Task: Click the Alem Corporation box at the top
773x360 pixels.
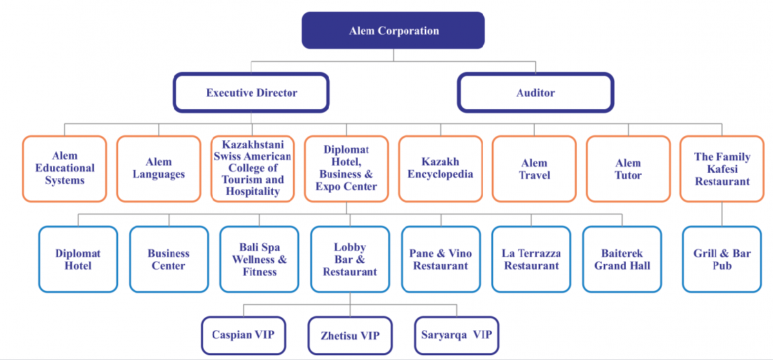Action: pyautogui.click(x=393, y=30)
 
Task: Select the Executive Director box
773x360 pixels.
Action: pyautogui.click(x=251, y=93)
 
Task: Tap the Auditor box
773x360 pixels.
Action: pyautogui.click(x=535, y=93)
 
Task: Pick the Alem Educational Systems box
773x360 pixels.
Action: pyautogui.click(x=65, y=169)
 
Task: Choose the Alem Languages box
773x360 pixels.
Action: pyautogui.click(x=159, y=169)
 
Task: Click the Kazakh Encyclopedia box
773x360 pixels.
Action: pyautogui.click(x=440, y=169)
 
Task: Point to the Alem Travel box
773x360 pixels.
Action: pyautogui.click(x=534, y=169)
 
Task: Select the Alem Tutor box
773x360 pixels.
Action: pyautogui.click(x=628, y=169)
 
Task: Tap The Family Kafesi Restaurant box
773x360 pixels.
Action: pyautogui.click(x=722, y=169)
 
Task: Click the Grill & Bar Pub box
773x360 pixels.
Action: pyautogui.click(x=722, y=259)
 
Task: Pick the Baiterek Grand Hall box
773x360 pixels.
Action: pyautogui.click(x=622, y=259)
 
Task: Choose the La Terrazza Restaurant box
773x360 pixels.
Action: pyautogui.click(x=531, y=259)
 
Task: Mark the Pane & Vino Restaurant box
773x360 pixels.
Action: pyautogui.click(x=441, y=259)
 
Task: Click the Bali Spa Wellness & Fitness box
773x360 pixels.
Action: pyautogui.click(x=259, y=259)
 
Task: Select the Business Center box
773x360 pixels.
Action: pyautogui.click(x=169, y=259)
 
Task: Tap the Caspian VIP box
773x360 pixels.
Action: pyautogui.click(x=242, y=335)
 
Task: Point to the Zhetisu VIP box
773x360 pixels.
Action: pyautogui.click(x=350, y=336)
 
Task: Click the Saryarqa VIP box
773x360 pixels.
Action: pyautogui.click(x=457, y=335)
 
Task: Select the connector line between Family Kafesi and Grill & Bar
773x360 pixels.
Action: pyautogui.click(x=722, y=214)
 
